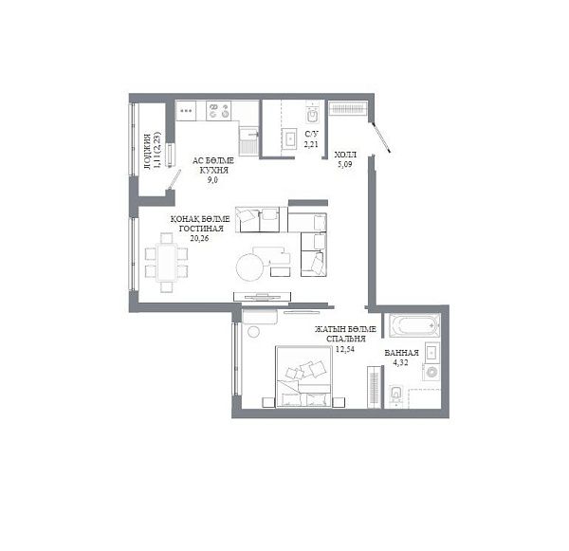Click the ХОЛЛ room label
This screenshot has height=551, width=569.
tap(345, 155)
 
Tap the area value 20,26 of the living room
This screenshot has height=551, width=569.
tap(199, 238)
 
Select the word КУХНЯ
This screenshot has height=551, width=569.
tap(213, 171)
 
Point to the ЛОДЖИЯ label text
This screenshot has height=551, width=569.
tap(147, 152)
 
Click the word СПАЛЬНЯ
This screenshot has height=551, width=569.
tap(345, 339)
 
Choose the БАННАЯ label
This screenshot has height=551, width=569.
tap(401, 353)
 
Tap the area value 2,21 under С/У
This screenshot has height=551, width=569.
tap(311, 144)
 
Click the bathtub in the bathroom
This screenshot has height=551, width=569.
tap(414, 325)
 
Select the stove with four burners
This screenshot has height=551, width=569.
tap(219, 111)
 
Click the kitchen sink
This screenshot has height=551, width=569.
tap(248, 140)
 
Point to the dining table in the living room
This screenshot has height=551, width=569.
tap(167, 263)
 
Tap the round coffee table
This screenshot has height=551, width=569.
tap(250, 266)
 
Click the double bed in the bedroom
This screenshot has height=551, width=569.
tap(303, 377)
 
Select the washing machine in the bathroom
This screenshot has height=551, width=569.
tap(431, 372)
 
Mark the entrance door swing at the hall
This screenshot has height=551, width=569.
tap(380, 137)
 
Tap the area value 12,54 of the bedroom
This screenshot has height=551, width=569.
tap(345, 349)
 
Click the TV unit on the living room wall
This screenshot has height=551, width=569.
tap(262, 296)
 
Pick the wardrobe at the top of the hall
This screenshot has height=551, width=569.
tap(348, 108)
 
